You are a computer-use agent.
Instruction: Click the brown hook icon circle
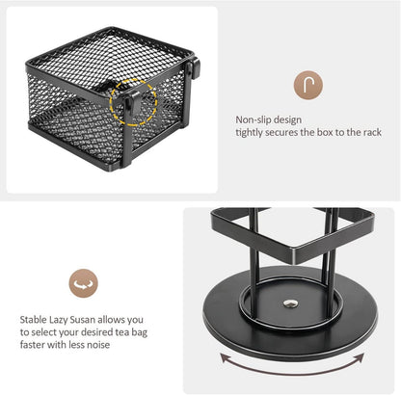[x=307, y=85]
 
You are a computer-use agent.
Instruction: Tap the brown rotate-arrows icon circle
[x=83, y=283]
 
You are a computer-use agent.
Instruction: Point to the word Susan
[x=83, y=320]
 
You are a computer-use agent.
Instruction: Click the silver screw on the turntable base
[x=291, y=303]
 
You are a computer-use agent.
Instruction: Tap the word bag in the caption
[x=140, y=332]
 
